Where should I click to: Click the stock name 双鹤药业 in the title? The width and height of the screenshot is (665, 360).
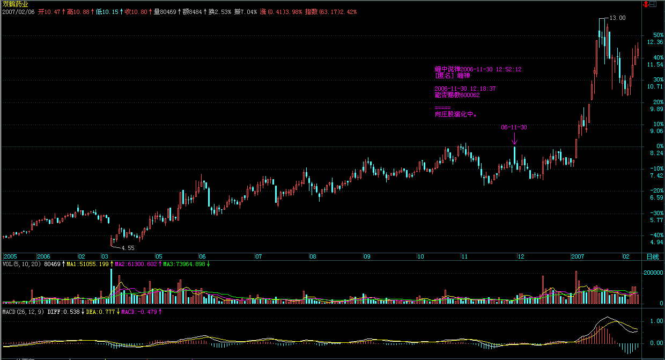coord(15,4)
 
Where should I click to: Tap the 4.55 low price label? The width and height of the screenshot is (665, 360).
coord(128,248)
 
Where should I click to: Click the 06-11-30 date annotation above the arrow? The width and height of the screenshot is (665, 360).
coord(514,128)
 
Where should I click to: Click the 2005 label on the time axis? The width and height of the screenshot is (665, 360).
coord(10,256)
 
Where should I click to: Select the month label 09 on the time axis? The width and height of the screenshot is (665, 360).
coord(367,256)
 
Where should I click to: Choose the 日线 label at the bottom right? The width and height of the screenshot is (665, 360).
coord(652,256)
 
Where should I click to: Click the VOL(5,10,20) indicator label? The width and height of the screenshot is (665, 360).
coord(21,264)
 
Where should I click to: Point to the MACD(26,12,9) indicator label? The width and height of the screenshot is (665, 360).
coord(23,312)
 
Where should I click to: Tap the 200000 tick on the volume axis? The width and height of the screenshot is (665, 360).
coord(653,273)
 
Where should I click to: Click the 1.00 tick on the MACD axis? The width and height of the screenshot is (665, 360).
coord(655,321)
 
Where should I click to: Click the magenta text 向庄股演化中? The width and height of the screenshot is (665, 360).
coord(456,114)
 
